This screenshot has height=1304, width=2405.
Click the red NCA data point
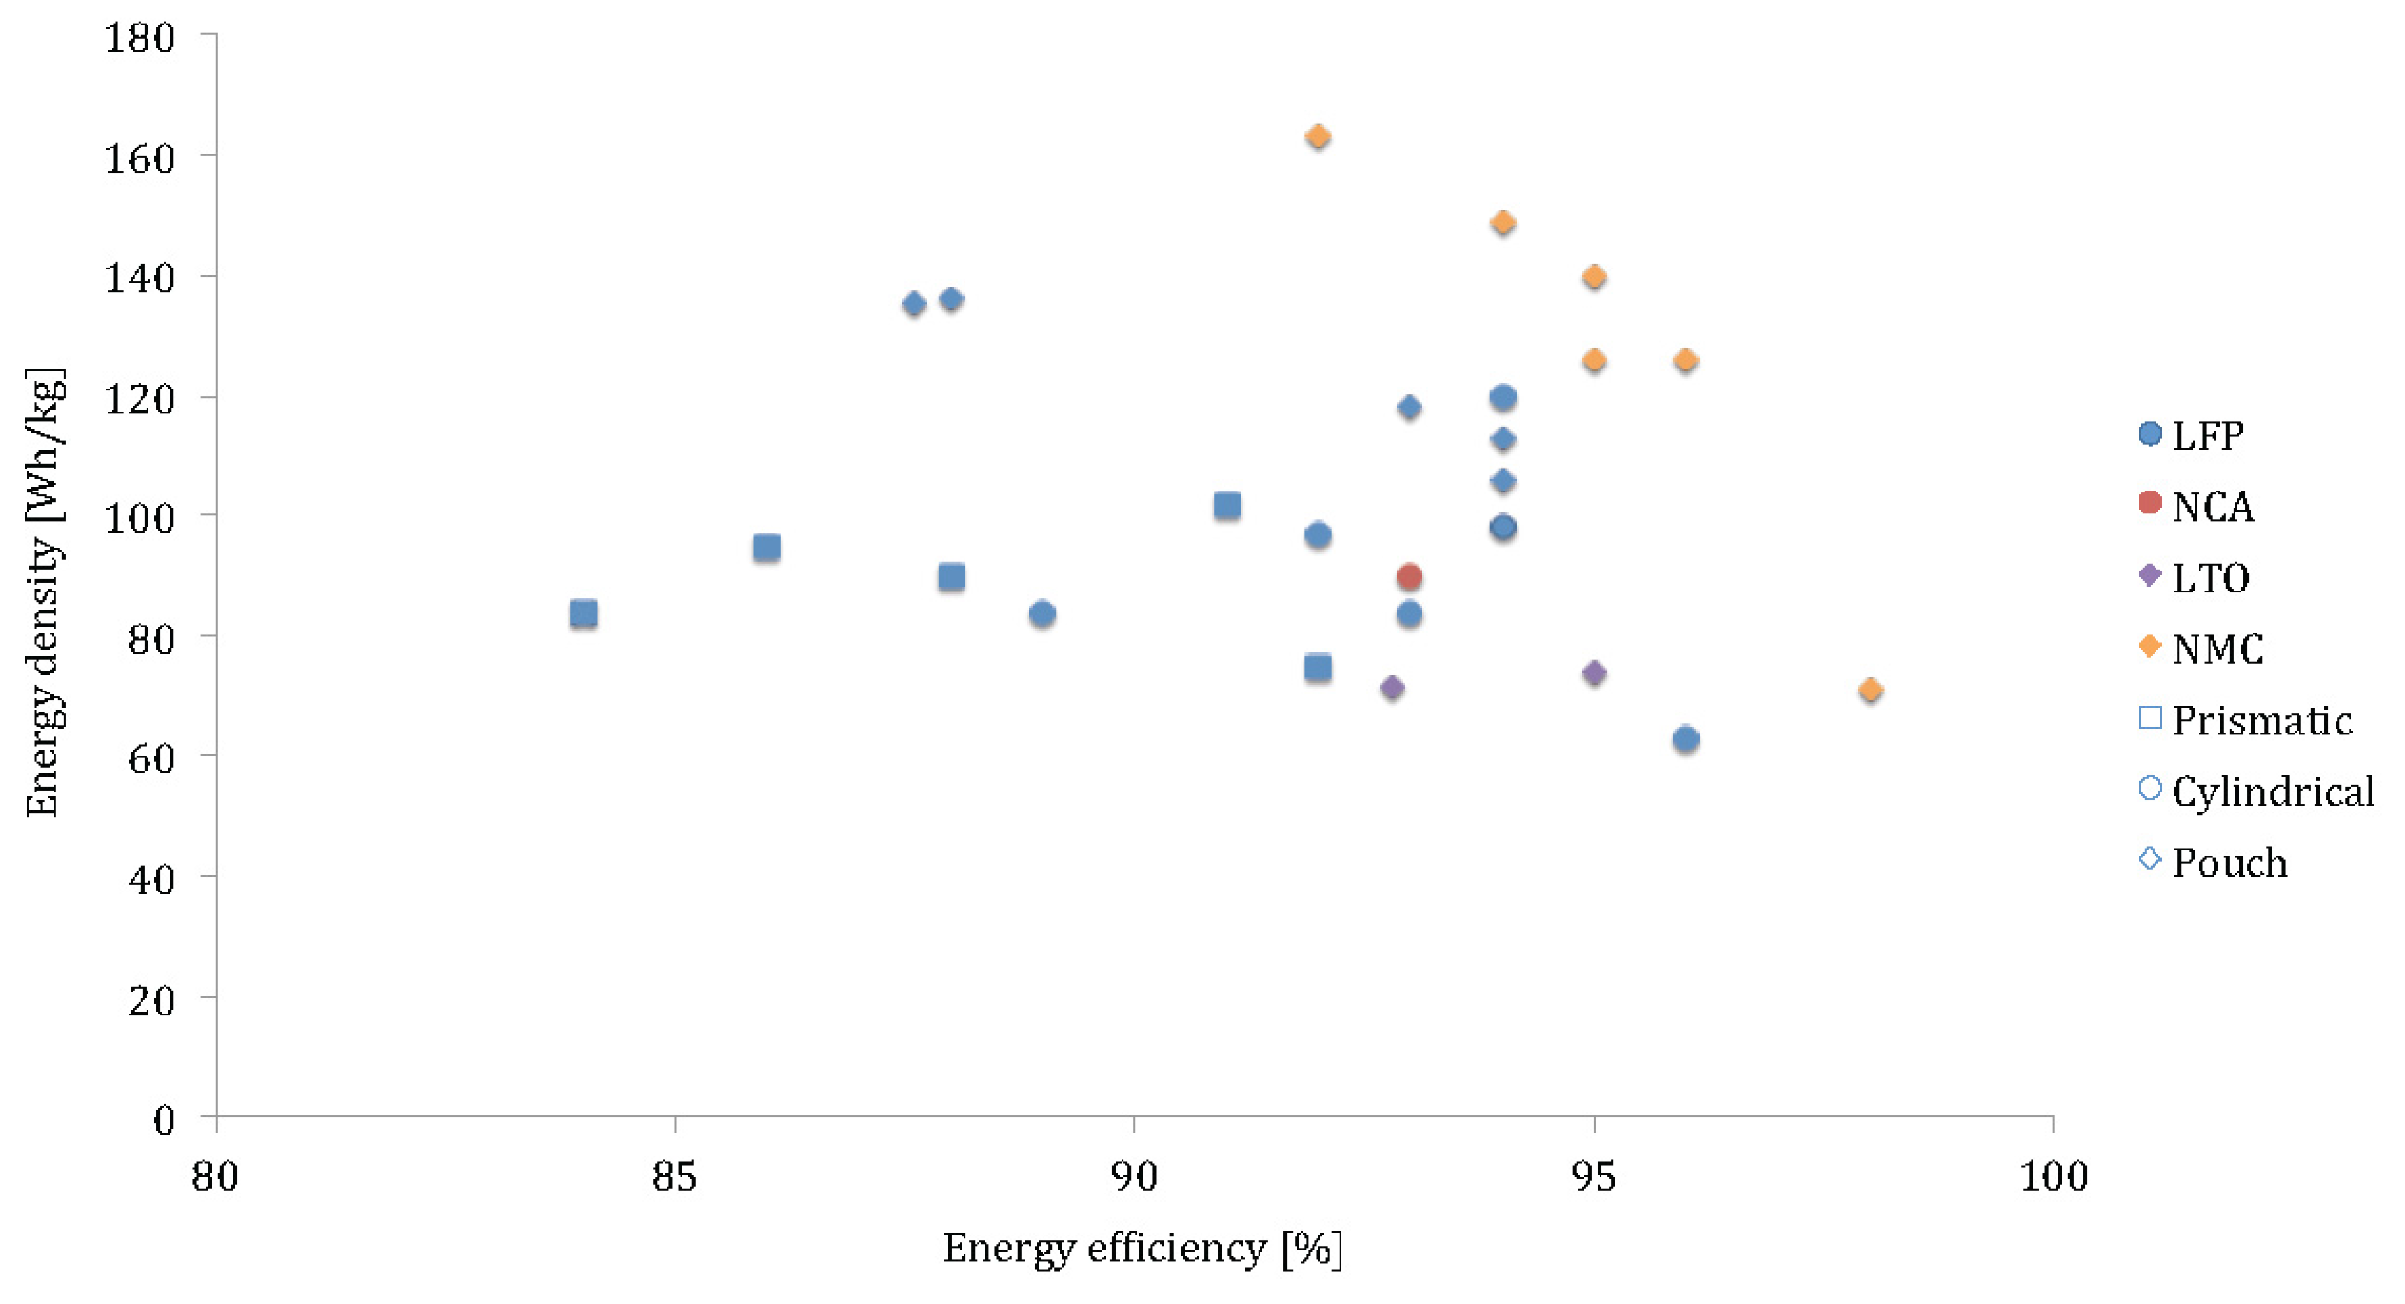pyautogui.click(x=1410, y=577)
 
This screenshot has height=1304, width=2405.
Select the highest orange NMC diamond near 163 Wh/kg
pyautogui.click(x=1317, y=137)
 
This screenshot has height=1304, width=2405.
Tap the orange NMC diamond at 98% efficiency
pyautogui.click(x=1870, y=690)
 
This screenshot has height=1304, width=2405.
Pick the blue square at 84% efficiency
pyautogui.click(x=584, y=613)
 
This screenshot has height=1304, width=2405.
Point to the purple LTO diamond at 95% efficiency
pyautogui.click(x=1594, y=673)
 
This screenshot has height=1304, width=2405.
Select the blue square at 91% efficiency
pyautogui.click(x=1227, y=506)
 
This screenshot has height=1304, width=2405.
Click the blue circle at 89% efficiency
pyautogui.click(x=1042, y=613)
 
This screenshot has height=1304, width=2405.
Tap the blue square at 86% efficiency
pyautogui.click(x=767, y=547)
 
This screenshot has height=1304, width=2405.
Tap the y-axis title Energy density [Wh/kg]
pyautogui.click(x=44, y=594)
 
